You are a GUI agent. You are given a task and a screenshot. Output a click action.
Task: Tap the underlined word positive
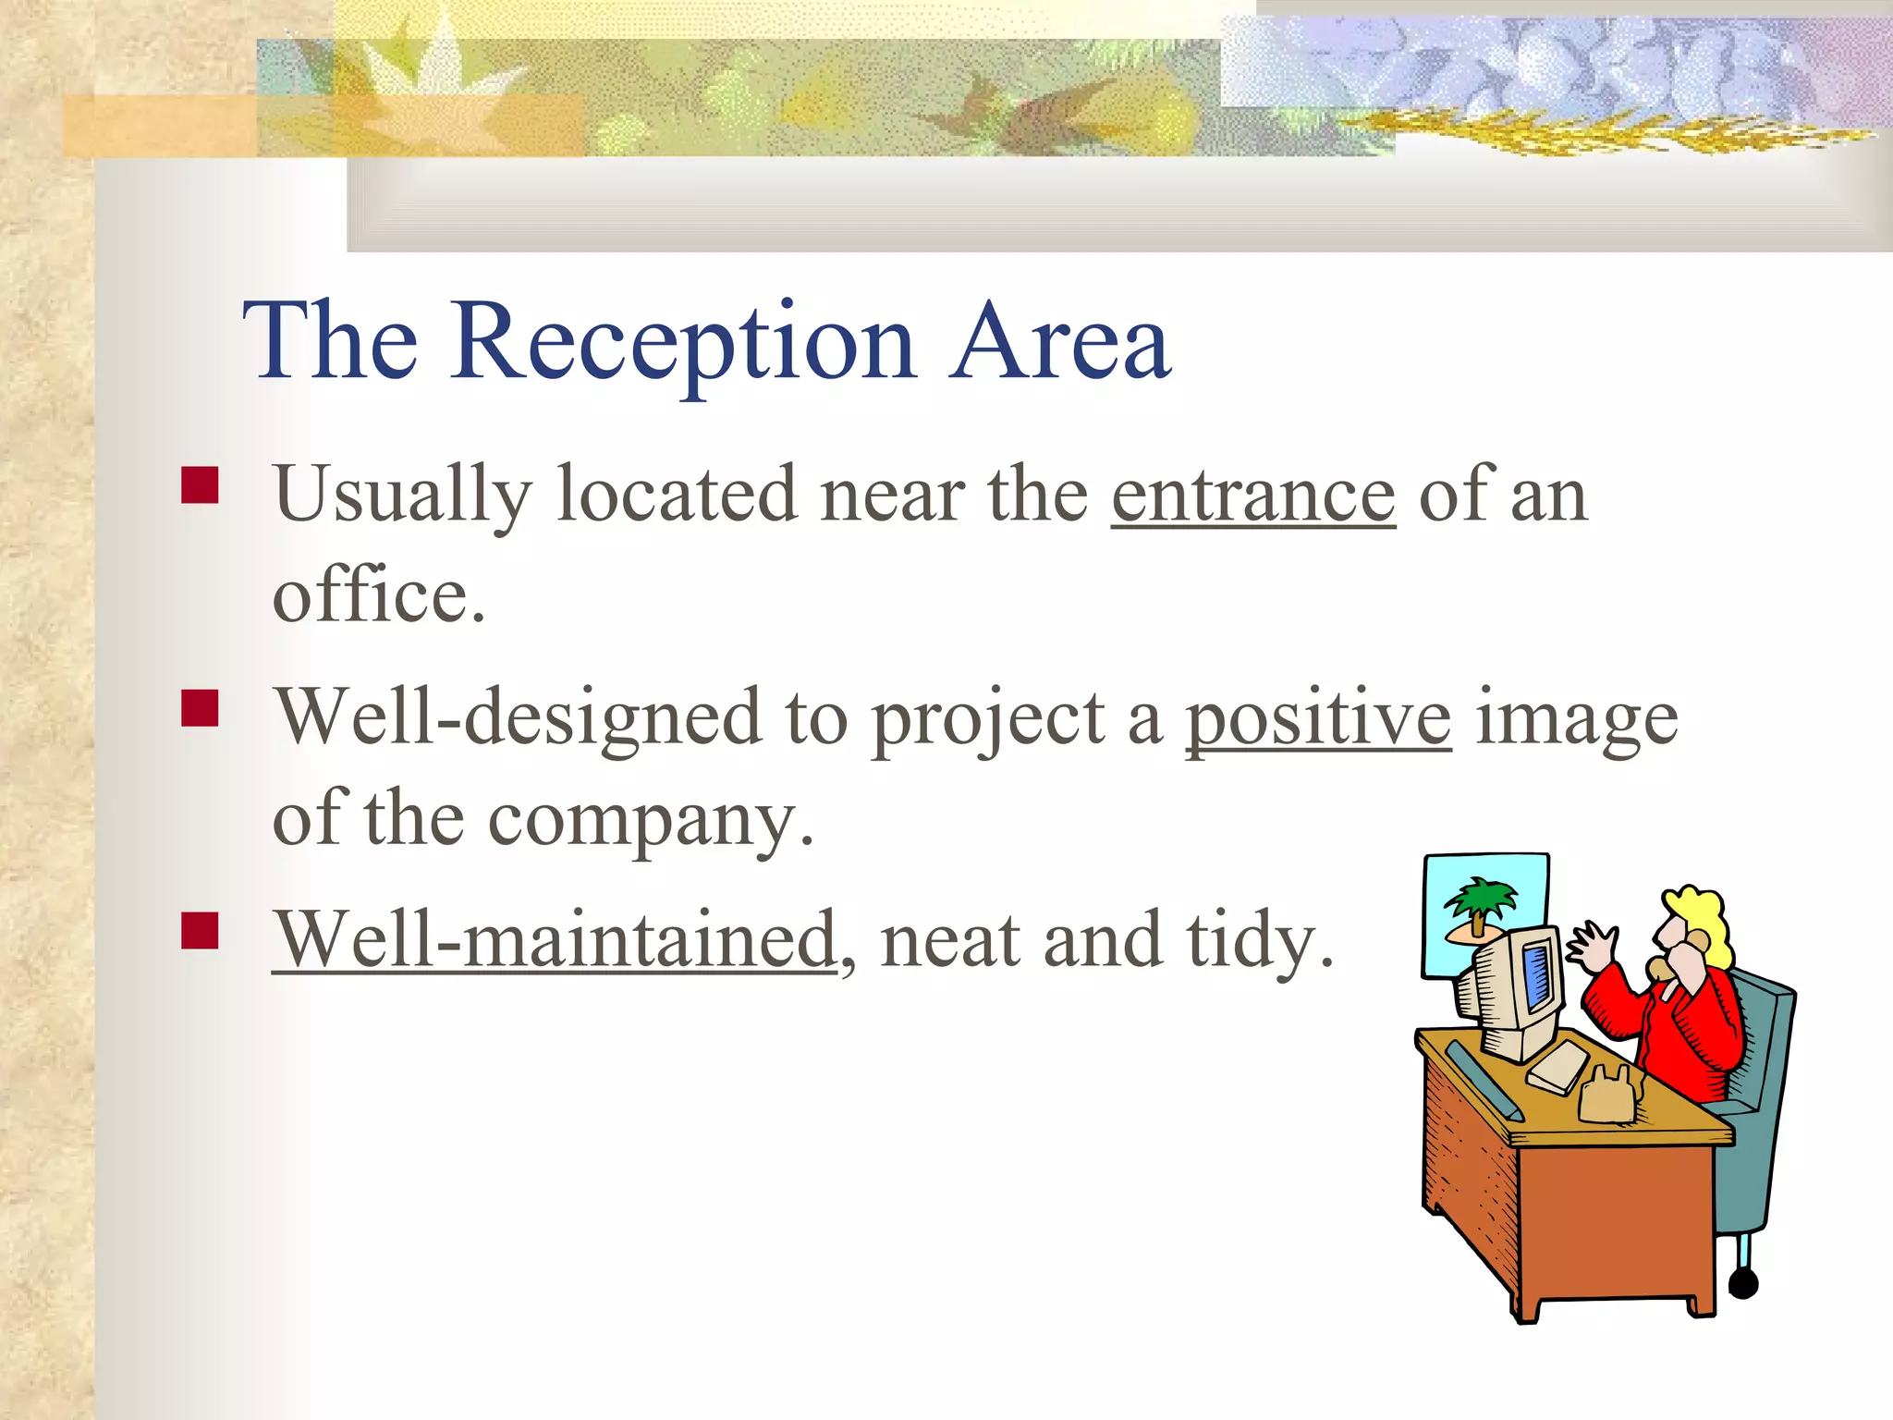tap(1318, 719)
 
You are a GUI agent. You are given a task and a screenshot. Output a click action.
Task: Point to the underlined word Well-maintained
tap(555, 941)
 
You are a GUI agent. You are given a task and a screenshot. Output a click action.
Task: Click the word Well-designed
tap(518, 719)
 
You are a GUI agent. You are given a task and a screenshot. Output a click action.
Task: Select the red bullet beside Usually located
tap(200, 485)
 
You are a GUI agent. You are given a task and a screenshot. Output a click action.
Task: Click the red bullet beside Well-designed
tap(200, 709)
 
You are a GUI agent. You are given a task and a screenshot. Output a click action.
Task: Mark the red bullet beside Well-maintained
tap(200, 931)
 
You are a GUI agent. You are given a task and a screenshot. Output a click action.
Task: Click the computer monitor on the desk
tap(1516, 994)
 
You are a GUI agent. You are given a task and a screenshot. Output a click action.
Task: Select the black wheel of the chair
tap(1742, 1283)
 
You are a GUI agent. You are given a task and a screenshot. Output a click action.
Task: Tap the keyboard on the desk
tap(1557, 1068)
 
